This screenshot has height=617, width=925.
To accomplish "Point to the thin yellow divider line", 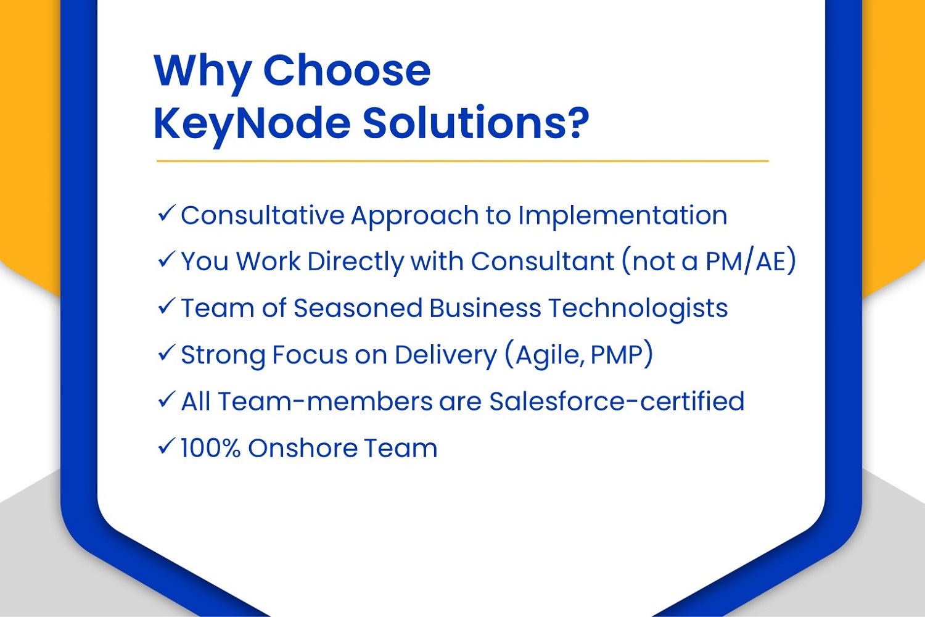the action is tap(462, 161).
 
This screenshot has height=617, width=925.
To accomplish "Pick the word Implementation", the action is tap(622, 216).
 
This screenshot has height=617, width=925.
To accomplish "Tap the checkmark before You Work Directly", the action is tap(166, 260).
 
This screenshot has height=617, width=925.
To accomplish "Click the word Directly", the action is tap(356, 262).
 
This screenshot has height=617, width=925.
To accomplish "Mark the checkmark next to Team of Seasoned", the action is tap(166, 307).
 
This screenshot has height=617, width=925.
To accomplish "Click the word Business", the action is tap(485, 308).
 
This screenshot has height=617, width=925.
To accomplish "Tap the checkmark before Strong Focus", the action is tap(166, 354).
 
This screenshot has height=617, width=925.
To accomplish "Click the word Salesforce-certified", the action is tap(617, 401).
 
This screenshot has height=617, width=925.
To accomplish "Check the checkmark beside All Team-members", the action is tap(166, 400).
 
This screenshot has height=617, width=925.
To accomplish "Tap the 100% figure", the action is tap(211, 447).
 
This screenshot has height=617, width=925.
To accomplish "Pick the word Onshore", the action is tap(302, 447).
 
